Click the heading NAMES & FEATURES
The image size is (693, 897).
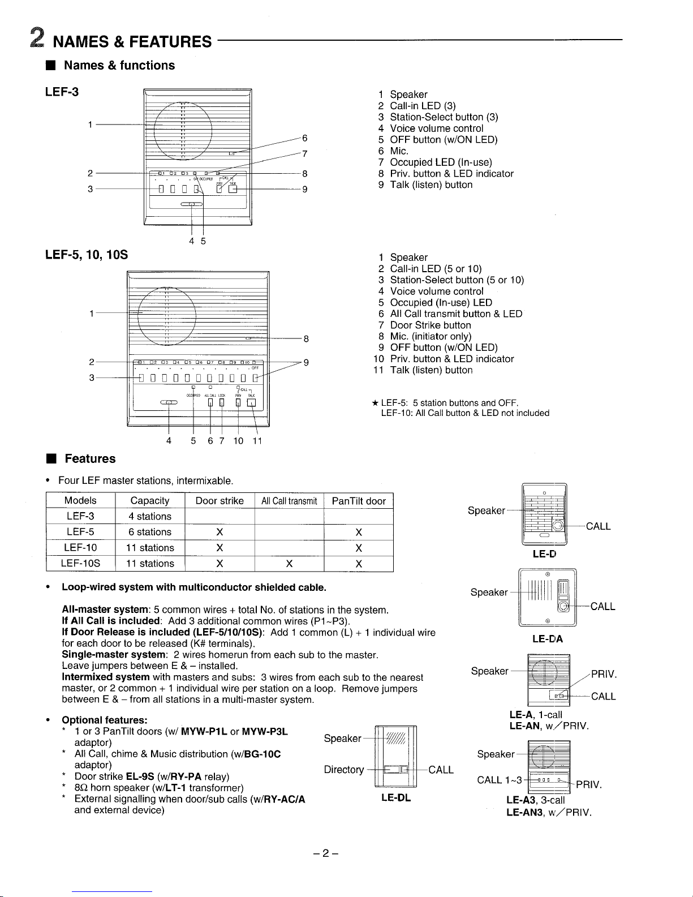click(132, 42)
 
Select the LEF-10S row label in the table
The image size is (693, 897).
click(81, 564)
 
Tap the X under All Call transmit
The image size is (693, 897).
click(289, 564)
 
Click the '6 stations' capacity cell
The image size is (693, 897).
click(150, 532)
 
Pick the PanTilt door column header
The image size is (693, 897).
click(359, 501)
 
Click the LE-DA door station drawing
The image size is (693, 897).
click(547, 598)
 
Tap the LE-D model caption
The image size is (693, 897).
click(544, 554)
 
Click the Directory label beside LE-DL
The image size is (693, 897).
click(344, 770)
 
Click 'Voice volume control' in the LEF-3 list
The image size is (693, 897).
click(436, 128)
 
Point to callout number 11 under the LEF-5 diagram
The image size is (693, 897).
click(257, 441)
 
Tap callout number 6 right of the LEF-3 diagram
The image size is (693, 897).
click(304, 139)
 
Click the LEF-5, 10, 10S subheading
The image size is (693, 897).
click(86, 255)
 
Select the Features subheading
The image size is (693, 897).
click(89, 458)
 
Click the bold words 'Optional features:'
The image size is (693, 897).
click(105, 720)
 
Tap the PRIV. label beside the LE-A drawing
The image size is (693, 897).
click(603, 675)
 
